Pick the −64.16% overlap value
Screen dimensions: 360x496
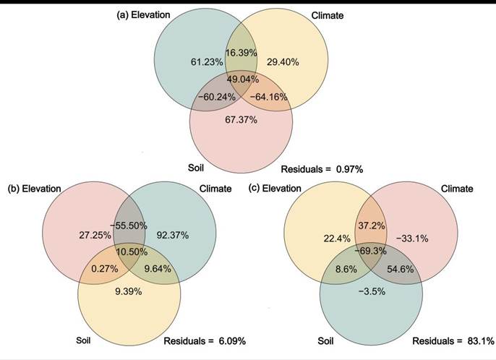[x=268, y=96]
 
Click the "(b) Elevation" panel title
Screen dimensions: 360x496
[x=35, y=189]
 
